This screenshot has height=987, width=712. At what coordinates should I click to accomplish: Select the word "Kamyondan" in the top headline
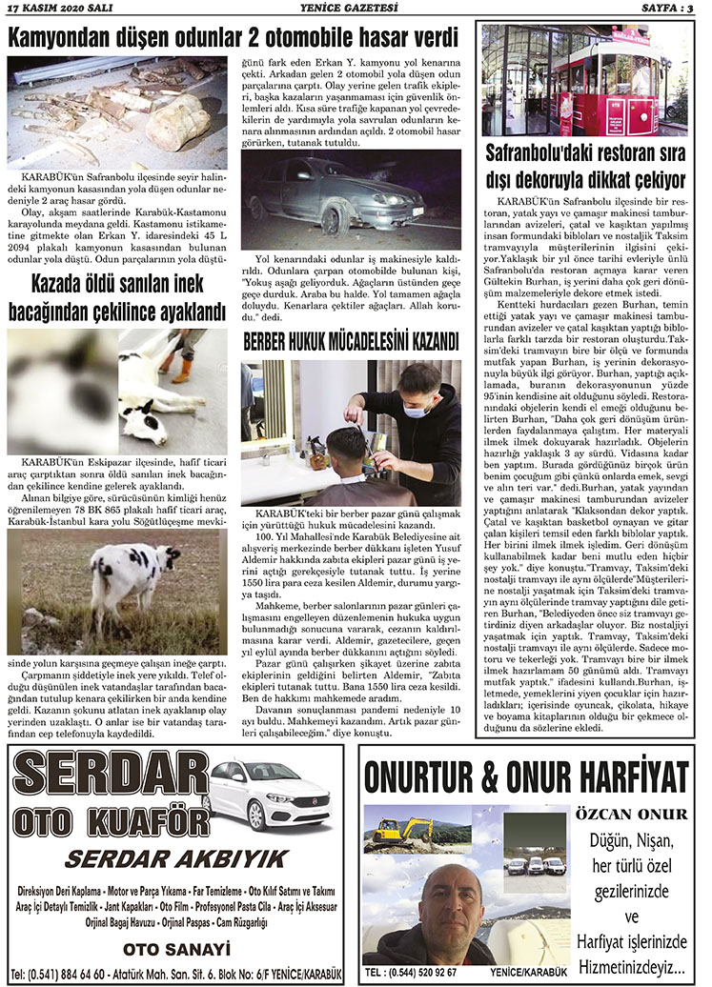click(60, 38)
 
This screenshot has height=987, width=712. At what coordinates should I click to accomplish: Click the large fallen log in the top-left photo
click(179, 121)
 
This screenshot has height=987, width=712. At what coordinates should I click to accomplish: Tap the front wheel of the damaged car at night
click(334, 217)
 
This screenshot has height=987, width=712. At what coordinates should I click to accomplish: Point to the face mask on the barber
click(415, 412)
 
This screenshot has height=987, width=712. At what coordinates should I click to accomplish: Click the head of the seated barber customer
click(345, 442)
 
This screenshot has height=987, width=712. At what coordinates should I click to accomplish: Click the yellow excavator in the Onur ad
click(396, 833)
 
